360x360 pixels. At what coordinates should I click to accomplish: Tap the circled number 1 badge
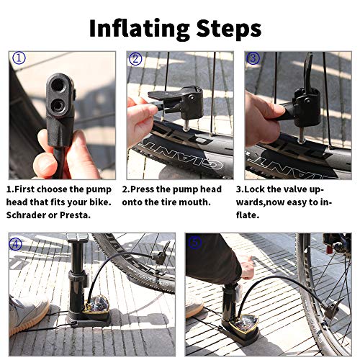point(19,58)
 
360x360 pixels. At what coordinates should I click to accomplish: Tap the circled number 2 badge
point(135,58)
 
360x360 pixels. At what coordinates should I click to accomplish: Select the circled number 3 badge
point(253,58)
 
